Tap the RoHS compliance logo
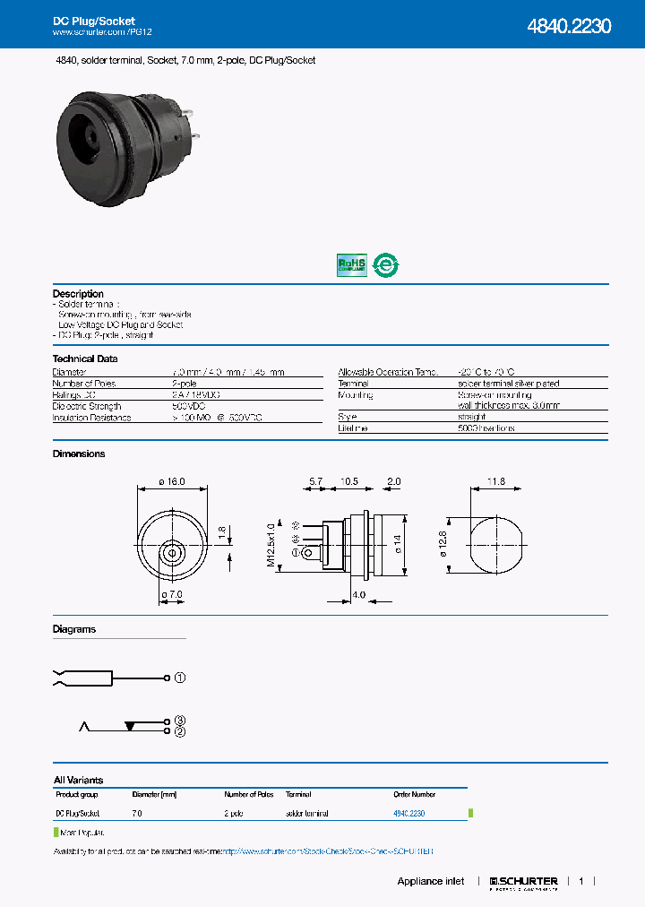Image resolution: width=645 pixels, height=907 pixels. (351, 264)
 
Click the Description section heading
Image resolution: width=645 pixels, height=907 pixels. (78, 294)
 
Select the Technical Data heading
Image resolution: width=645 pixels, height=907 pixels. (85, 358)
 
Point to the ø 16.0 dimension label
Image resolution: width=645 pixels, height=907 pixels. (171, 481)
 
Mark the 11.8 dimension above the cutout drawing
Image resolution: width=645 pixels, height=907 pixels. (495, 481)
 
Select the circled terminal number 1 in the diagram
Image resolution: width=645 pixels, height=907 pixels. (179, 678)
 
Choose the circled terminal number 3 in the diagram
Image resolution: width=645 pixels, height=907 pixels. (179, 721)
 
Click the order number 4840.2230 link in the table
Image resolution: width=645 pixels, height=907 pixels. (408, 813)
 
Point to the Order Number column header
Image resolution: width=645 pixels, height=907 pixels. (415, 794)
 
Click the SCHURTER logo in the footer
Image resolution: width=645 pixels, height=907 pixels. (524, 882)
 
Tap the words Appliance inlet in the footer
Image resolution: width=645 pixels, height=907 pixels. (431, 882)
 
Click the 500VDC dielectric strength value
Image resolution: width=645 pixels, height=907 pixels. (187, 406)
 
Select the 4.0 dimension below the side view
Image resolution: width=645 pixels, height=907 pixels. (358, 595)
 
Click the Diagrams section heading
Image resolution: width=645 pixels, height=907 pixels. (74, 629)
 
